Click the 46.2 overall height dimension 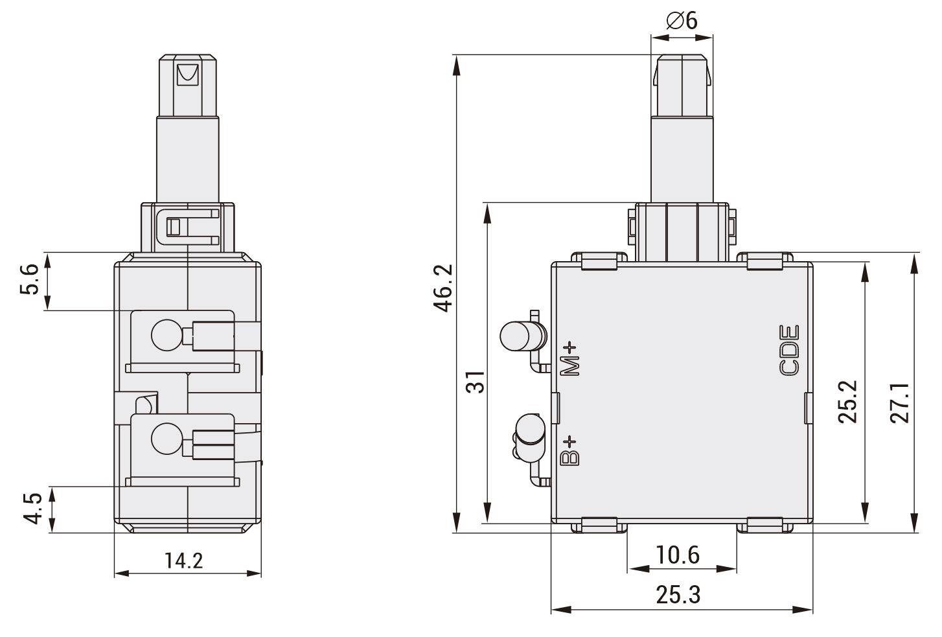(444, 288)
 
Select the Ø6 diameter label (682, 21)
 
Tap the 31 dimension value (476, 382)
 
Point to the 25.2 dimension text (847, 402)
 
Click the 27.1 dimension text (900, 402)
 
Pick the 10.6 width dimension (678, 555)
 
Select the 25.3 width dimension (678, 594)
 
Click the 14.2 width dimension (183, 560)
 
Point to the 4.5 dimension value (32, 509)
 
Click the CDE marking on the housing (789, 351)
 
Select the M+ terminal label (571, 358)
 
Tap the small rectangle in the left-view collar (174, 227)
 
